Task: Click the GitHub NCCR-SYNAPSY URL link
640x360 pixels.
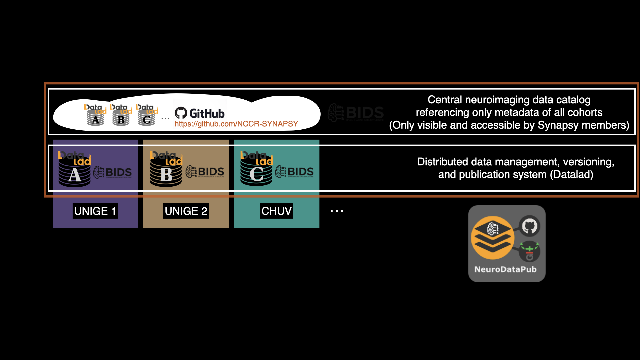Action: pos(236,124)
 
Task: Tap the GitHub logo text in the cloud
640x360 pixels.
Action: pos(200,113)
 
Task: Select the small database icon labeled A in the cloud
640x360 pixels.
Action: pos(95,115)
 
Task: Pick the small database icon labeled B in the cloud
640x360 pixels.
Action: pos(121,115)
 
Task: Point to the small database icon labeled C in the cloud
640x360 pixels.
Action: pos(147,115)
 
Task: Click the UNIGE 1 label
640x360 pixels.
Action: pos(95,211)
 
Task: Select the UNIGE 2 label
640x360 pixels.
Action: pos(186,211)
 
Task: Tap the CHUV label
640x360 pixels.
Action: pos(276,211)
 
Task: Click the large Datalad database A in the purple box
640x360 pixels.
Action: pos(75,170)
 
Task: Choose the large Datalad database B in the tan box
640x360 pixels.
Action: pos(166,170)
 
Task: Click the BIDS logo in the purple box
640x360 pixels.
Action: pos(113,172)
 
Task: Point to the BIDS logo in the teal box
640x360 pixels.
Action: pos(294,172)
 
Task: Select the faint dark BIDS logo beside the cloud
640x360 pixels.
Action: pos(356,113)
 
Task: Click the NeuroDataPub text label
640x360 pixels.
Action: pos(505,269)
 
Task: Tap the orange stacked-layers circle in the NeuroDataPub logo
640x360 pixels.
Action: pos(492,238)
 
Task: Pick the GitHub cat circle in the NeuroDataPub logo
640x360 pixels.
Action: pos(530,226)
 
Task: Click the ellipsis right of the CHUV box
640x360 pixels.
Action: pos(337,211)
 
